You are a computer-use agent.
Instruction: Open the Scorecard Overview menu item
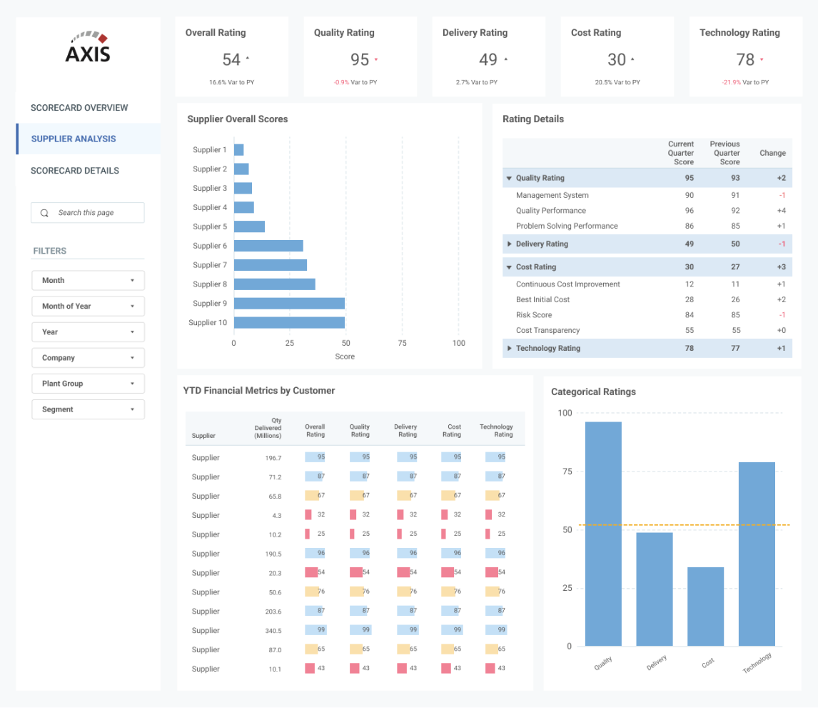click(79, 108)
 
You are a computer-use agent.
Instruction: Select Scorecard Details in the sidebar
click(75, 171)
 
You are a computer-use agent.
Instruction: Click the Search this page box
click(88, 213)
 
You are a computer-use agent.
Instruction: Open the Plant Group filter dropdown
click(88, 384)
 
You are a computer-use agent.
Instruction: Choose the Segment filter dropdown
click(88, 409)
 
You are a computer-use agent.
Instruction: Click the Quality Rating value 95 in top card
click(360, 60)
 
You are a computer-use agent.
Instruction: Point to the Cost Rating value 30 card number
click(617, 60)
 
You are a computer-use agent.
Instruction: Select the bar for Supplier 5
click(249, 226)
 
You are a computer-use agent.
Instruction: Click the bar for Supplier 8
click(274, 284)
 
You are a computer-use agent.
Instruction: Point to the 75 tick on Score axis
click(402, 343)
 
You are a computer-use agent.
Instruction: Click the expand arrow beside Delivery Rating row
click(510, 244)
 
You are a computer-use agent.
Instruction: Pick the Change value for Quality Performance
click(781, 211)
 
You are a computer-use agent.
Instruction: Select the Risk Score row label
click(534, 315)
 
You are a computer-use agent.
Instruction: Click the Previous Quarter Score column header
click(724, 153)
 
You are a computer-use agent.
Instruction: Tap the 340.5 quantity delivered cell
click(272, 631)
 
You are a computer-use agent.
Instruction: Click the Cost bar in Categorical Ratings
click(706, 607)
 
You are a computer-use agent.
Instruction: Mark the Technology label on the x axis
click(757, 663)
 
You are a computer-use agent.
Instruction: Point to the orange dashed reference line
click(671, 525)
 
